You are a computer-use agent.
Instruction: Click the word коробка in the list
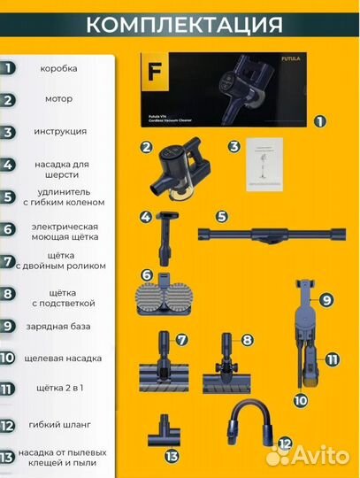point(58,67)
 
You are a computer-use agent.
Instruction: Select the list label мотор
point(58,99)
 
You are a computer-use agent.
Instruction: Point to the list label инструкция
point(59,131)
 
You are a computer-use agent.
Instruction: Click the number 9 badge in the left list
point(8,326)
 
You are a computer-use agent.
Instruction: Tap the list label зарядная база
point(58,326)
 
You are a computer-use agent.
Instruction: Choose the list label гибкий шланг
point(58,426)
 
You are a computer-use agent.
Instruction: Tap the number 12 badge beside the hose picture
point(285,442)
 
